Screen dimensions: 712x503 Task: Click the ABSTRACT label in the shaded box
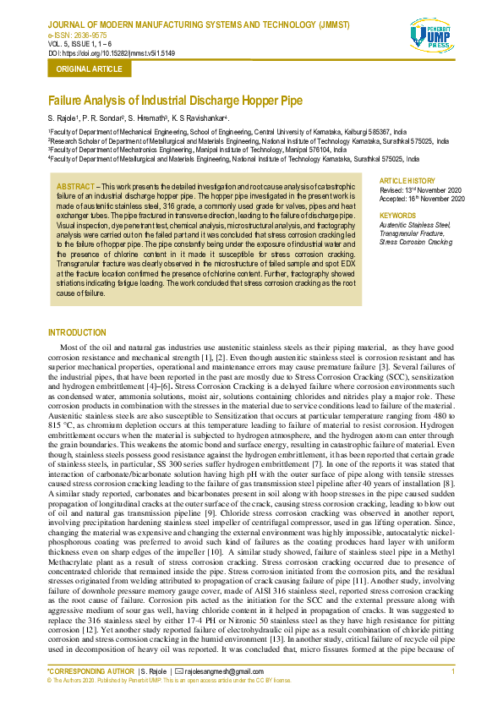74,185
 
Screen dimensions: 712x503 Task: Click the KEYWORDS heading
398,215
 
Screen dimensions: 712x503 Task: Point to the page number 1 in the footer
454,671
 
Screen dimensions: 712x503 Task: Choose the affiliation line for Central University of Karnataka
227,133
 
